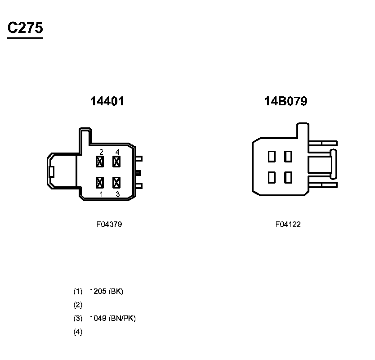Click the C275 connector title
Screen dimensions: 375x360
pos(25,28)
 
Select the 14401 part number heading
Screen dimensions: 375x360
pos(107,102)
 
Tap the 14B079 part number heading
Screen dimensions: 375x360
pos(286,102)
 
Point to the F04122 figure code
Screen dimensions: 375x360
pos(288,224)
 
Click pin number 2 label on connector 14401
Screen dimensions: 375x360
pos(102,152)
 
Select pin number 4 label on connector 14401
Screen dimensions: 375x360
pos(117,152)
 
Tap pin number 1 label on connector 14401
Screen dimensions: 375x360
pos(102,194)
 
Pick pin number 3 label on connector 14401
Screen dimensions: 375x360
pos(117,194)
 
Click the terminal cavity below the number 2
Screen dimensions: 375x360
pos(100,161)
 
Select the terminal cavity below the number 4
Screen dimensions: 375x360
pos(116,161)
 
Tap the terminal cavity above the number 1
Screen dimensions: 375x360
pos(100,182)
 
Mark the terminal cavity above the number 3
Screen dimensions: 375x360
pos(116,182)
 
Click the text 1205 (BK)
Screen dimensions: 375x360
pos(107,291)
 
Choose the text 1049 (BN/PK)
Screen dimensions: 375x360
pos(113,319)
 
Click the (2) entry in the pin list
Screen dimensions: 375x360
pos(78,305)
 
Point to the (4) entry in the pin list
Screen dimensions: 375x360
pos(78,332)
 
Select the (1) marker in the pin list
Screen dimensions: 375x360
pos(78,291)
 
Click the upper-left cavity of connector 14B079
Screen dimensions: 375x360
pos(272,157)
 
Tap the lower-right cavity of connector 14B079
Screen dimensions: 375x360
pos(288,177)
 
